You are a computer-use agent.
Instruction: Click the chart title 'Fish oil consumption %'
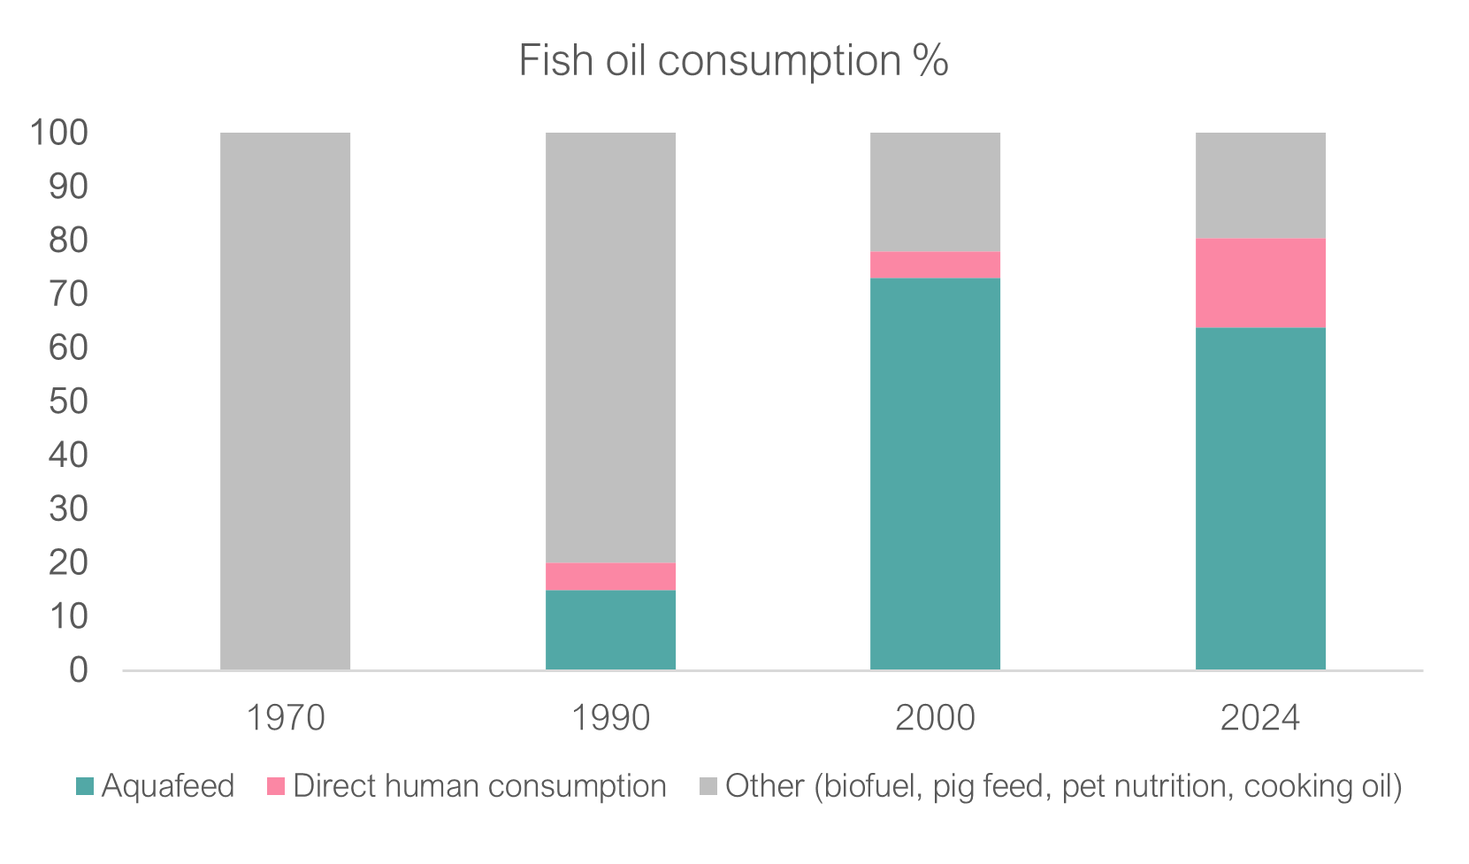pos(733,61)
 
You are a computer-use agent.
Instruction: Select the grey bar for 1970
pos(285,401)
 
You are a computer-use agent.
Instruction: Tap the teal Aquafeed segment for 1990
pos(610,630)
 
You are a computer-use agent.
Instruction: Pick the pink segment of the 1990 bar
pos(610,577)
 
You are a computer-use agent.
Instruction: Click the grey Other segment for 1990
pos(610,348)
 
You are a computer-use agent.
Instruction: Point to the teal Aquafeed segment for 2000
pos(935,474)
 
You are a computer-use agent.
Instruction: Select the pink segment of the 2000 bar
pos(935,265)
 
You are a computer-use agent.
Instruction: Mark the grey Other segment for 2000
pos(935,192)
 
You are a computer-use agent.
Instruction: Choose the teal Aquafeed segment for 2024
pos(1260,499)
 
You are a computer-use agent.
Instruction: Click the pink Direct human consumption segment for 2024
pos(1260,283)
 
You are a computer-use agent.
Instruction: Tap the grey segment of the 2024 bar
pos(1260,186)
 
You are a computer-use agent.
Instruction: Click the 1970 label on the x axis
pos(285,718)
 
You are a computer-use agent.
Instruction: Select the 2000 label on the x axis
pos(935,718)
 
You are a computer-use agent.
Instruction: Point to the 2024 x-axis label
pos(1260,718)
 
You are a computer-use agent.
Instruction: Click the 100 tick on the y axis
pos(59,133)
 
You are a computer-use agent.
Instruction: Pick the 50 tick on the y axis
pos(69,401)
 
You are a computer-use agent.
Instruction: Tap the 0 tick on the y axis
pos(79,669)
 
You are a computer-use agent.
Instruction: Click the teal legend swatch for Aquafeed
pos(85,786)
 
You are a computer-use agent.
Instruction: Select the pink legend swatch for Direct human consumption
pos(276,786)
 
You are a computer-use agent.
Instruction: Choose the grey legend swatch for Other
pos(708,786)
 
